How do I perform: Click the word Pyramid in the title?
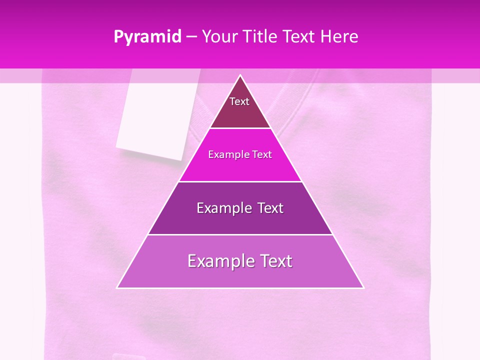tap(147, 37)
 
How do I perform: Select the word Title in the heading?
tap(261, 36)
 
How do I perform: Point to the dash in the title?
tap(191, 37)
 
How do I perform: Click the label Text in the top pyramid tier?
tap(239, 101)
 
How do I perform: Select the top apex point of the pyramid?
tap(240, 75)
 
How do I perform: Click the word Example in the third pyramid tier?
tap(220, 208)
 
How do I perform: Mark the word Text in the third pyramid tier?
tap(269, 208)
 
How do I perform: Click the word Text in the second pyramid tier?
tap(262, 154)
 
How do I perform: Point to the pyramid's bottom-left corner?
tap(117, 287)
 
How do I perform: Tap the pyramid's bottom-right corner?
tap(363, 287)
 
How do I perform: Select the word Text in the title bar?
tap(299, 36)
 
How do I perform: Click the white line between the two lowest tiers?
tap(240, 234)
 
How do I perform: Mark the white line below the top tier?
tap(240, 128)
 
